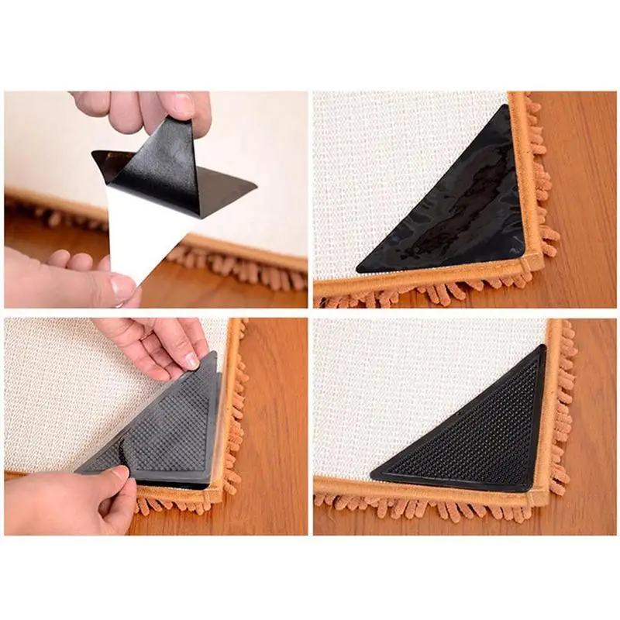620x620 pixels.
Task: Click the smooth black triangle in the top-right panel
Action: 457,209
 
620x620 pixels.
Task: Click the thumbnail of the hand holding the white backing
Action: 122,288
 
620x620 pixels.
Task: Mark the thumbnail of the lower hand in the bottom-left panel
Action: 119,472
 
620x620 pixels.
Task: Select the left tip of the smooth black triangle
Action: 360,269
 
